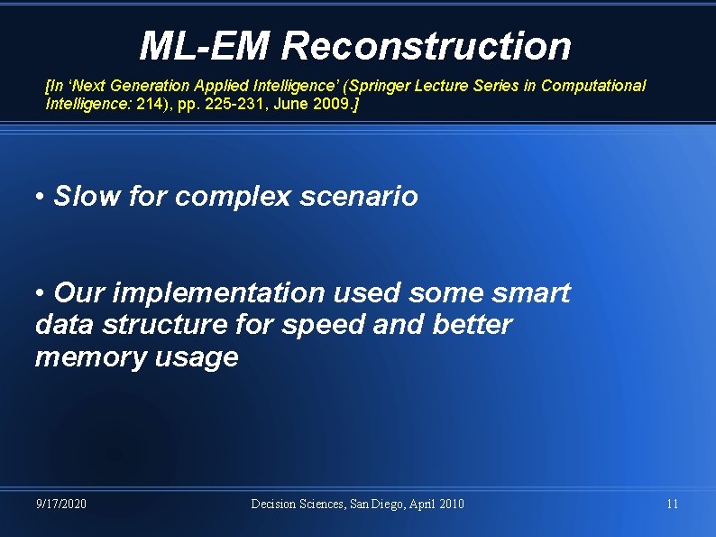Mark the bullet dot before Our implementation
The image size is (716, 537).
[x=41, y=293]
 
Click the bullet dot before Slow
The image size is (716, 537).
[x=41, y=196]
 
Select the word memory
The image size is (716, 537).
[x=85, y=357]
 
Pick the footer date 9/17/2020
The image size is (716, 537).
[x=61, y=504]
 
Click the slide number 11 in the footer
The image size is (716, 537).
[x=672, y=504]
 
